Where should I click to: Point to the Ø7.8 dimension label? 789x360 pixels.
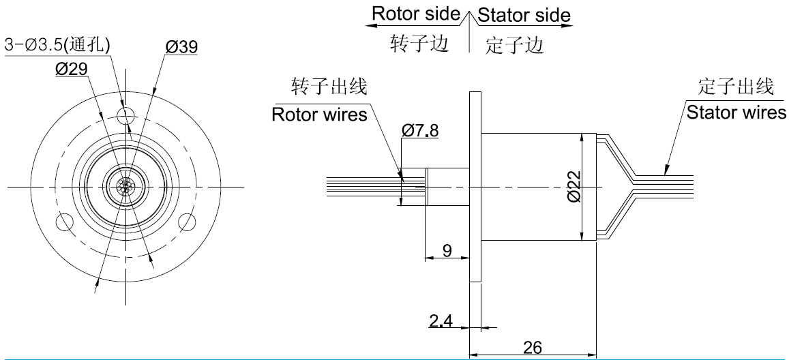click(x=421, y=130)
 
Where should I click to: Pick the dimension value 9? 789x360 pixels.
click(x=447, y=250)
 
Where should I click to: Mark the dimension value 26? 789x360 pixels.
click(x=533, y=347)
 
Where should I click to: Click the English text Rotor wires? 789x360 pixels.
click(x=319, y=114)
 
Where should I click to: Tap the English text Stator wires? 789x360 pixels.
click(x=736, y=112)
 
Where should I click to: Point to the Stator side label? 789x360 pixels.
click(x=524, y=14)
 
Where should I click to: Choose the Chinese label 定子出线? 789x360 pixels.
click(x=736, y=87)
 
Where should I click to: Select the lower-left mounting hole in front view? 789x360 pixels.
click(x=65, y=222)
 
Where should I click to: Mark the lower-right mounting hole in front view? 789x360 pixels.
click(x=185, y=222)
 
